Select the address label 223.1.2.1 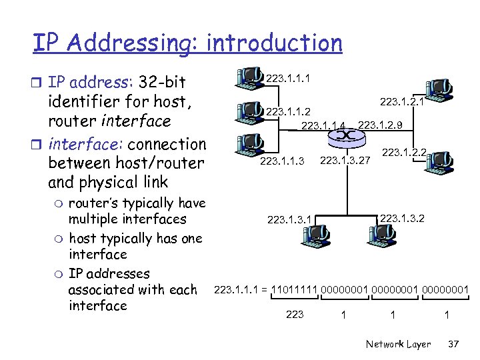(402, 102)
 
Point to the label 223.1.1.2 (287, 111)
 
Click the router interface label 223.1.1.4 (324, 125)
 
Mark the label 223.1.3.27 (345, 160)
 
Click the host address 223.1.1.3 (282, 161)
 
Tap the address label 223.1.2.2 (404, 153)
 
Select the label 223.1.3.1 (289, 218)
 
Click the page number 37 (454, 344)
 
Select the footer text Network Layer (399, 344)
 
